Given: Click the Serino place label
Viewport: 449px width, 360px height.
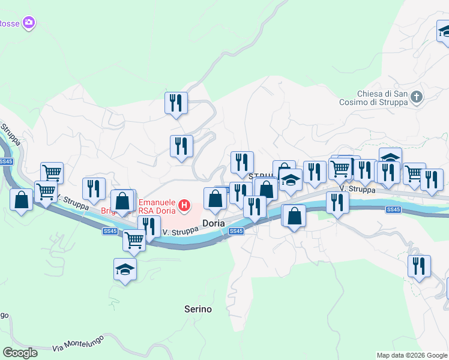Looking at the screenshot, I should (x=197, y=309).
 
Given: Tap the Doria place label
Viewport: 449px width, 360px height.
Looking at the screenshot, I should (x=213, y=223).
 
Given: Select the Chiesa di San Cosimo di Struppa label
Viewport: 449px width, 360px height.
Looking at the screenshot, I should (x=382, y=98).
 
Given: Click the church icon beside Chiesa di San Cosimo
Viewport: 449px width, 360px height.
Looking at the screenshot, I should (x=418, y=96).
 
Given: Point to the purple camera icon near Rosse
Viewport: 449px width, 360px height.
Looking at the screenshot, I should (x=29, y=23).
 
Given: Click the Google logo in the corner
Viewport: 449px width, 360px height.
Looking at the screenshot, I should (x=19, y=353).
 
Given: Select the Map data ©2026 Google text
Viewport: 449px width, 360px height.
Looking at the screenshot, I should (x=411, y=355).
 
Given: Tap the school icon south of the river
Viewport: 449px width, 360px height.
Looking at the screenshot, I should (x=125, y=269).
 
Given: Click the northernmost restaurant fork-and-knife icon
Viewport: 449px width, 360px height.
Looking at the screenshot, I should (x=176, y=103).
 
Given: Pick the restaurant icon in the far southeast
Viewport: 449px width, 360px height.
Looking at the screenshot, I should (x=418, y=265).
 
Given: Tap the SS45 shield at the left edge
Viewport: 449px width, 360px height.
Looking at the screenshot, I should (x=6, y=161).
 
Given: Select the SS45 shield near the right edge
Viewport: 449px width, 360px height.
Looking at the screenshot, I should (x=393, y=209).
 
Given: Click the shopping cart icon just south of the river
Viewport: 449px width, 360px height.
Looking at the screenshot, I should (x=133, y=240).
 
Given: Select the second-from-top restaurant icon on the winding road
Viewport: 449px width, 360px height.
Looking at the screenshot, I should (x=181, y=146).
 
